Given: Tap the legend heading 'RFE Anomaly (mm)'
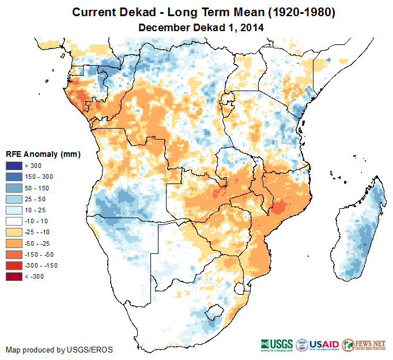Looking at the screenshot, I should (43, 155).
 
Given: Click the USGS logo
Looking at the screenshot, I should (277, 344).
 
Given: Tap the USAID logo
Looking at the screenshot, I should (318, 344).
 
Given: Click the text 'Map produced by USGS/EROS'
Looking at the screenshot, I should (59, 350).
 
